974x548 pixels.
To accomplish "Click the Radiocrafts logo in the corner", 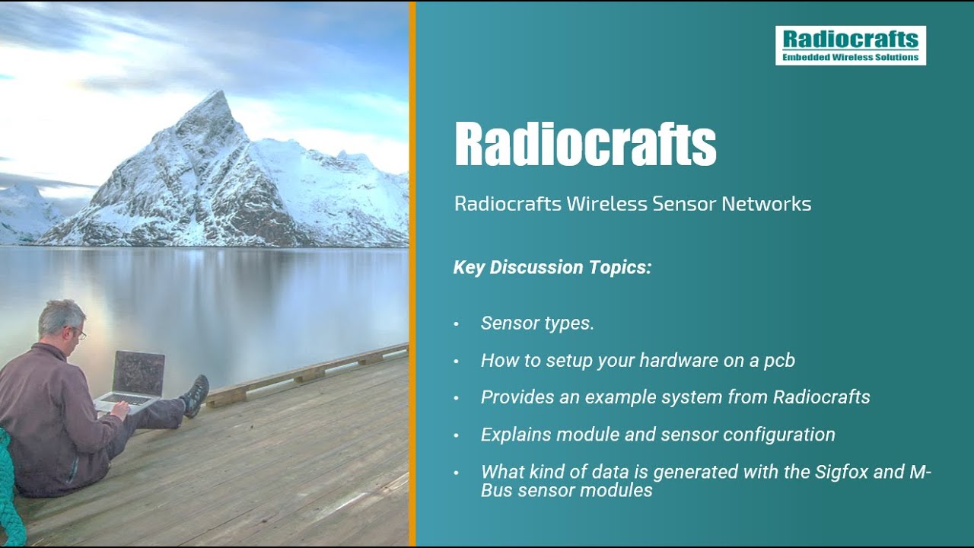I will point(850,45).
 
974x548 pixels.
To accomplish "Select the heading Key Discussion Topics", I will point(552,268).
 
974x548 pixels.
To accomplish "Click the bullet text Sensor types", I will point(537,323).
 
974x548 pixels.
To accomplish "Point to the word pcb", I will point(779,361).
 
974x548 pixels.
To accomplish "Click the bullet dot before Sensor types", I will point(457,324).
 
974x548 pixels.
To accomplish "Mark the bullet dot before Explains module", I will point(457,435).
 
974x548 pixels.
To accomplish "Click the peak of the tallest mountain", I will point(221,93).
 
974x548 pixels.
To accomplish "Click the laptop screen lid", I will point(138,374).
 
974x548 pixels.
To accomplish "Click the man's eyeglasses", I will point(79,331).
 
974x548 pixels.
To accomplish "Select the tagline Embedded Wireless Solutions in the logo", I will point(850,57).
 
